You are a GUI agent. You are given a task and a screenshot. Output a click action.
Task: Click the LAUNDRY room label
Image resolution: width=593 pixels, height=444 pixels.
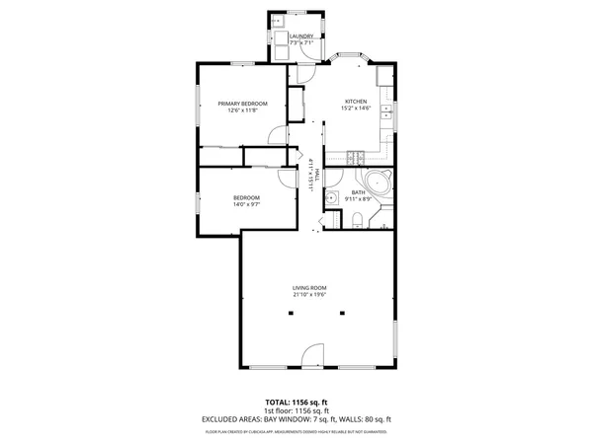click(301, 37)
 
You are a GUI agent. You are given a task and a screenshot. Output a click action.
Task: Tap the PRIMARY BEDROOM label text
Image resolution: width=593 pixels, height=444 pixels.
click(243, 104)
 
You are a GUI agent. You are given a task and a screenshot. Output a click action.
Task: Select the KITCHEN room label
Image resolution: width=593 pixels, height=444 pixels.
click(356, 102)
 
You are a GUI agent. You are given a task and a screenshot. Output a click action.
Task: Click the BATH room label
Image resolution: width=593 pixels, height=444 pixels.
click(358, 192)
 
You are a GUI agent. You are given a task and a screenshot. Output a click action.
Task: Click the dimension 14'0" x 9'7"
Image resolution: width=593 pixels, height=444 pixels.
click(246, 204)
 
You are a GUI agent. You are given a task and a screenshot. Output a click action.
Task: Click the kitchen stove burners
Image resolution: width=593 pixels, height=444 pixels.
click(357, 157)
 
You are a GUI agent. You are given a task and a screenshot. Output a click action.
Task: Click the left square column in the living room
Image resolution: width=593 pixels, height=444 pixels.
click(291, 314)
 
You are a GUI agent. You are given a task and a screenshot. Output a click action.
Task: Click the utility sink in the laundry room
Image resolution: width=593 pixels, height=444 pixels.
click(276, 22)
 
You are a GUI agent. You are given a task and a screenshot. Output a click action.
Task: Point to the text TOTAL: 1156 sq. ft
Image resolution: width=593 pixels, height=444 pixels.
click(296, 402)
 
